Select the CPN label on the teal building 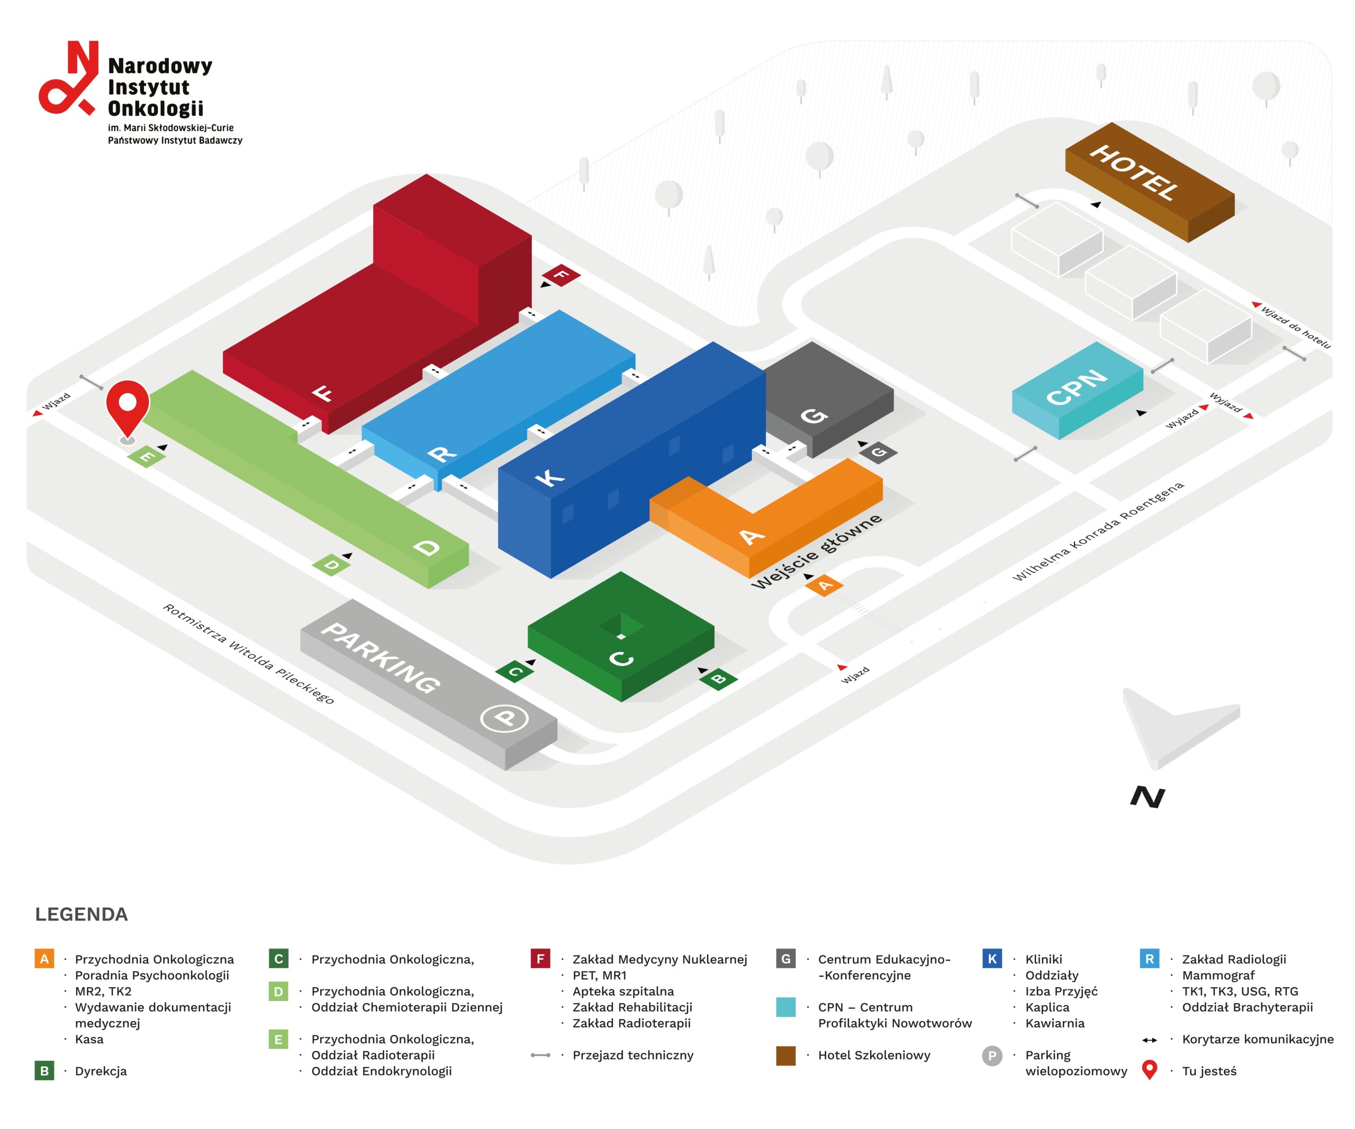click(1076, 386)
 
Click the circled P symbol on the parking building click(504, 718)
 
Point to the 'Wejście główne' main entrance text click(816, 551)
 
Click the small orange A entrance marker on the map click(824, 585)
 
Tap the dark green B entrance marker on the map click(718, 679)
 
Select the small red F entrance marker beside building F click(561, 275)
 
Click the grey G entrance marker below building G click(878, 451)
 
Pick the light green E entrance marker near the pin click(147, 457)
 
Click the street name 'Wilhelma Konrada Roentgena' click(1098, 531)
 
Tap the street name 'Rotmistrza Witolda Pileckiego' click(248, 654)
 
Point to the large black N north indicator click(1147, 798)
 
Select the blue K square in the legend click(992, 959)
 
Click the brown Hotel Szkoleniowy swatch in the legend click(785, 1055)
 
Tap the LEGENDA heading click(82, 914)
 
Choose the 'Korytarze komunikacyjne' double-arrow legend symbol click(1149, 1040)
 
